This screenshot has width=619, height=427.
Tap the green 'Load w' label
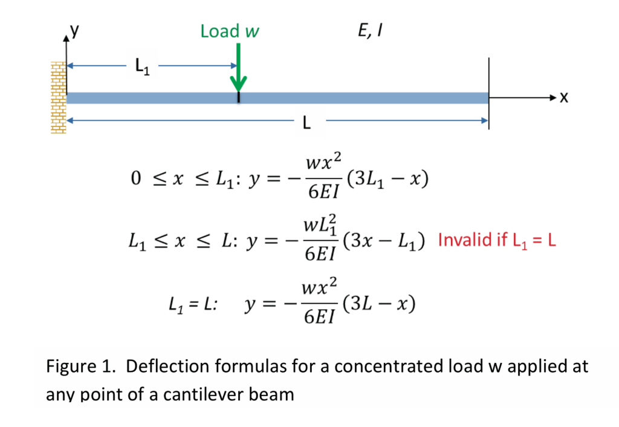click(230, 31)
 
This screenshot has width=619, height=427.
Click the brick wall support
click(58, 97)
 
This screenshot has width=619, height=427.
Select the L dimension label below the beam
click(306, 124)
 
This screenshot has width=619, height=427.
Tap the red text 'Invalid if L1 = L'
click(496, 241)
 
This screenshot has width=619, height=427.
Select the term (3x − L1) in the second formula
click(383, 241)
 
